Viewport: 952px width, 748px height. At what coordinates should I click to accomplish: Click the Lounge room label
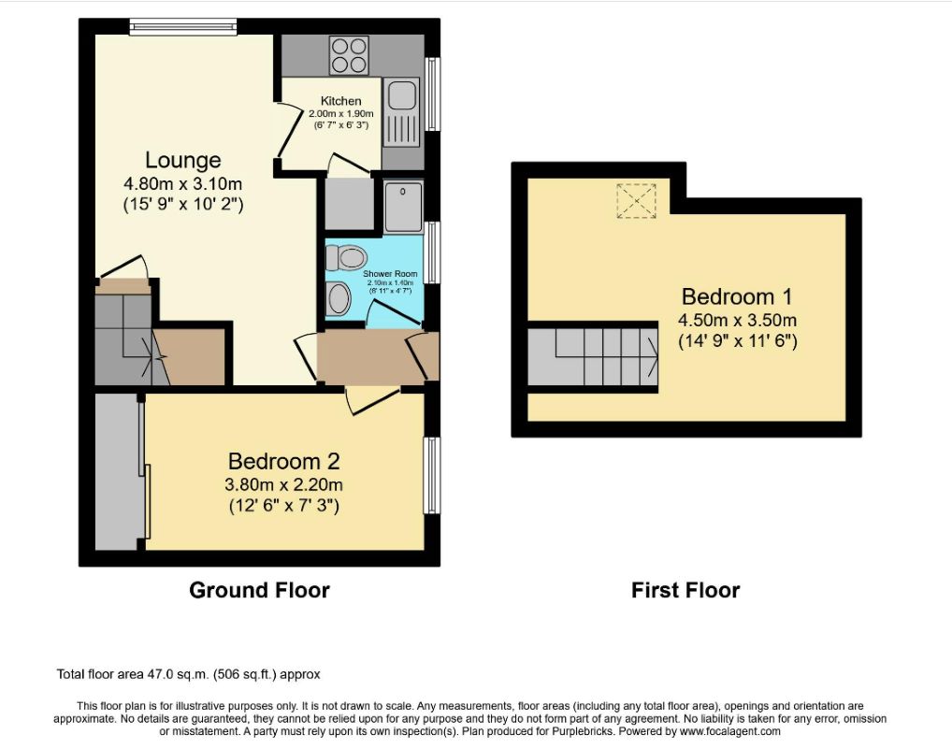[x=182, y=160]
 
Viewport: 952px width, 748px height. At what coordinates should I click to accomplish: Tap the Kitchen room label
[x=340, y=101]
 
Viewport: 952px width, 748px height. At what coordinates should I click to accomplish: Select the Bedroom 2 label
[x=283, y=461]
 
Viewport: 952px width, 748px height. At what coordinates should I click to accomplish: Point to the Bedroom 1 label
[x=737, y=297]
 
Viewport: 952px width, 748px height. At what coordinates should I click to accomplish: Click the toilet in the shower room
[x=348, y=256]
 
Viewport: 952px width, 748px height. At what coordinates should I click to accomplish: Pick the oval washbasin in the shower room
[x=339, y=300]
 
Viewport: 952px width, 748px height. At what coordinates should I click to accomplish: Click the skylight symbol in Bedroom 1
[x=636, y=201]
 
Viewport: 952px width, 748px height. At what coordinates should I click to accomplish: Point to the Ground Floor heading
[x=259, y=590]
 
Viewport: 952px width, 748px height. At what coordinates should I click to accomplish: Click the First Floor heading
[x=685, y=590]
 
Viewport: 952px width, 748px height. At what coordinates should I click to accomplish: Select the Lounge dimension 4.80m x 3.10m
[x=182, y=184]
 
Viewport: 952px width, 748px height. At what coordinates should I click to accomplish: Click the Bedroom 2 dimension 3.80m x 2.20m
[x=283, y=484]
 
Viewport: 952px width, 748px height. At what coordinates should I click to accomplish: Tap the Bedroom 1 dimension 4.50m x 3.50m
[x=737, y=321]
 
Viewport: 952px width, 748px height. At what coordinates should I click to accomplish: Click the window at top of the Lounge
[x=183, y=27]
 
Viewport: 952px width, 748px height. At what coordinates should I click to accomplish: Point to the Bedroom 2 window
[x=432, y=475]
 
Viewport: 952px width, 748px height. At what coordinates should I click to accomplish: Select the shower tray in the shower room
[x=403, y=206]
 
